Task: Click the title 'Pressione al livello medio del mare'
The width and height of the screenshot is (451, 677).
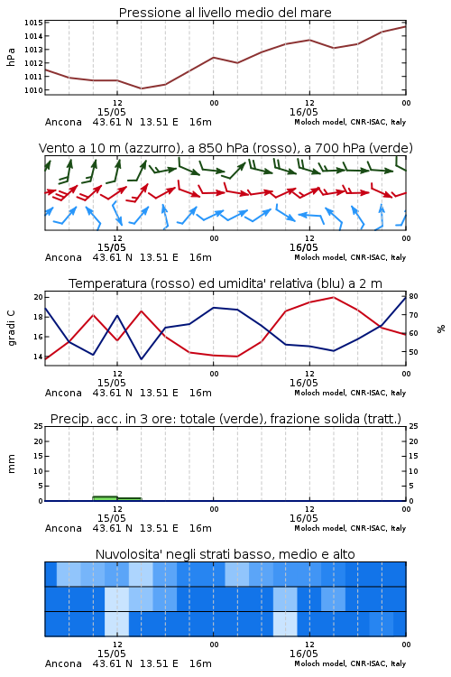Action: [x=225, y=13]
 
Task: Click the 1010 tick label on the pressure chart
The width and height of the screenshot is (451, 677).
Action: [x=33, y=90]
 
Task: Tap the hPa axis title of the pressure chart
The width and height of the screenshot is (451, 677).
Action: [x=11, y=57]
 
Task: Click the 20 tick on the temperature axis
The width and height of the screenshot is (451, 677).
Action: [x=39, y=297]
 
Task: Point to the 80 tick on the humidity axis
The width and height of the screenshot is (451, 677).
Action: [x=413, y=296]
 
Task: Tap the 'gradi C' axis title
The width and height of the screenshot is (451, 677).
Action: [x=11, y=328]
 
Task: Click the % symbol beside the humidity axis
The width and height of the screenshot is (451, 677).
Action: [x=441, y=329]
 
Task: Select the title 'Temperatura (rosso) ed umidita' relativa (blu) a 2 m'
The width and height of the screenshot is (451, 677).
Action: [x=225, y=283]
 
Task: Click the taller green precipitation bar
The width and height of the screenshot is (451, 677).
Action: [x=105, y=498]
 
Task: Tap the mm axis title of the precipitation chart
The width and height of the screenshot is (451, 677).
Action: [x=11, y=463]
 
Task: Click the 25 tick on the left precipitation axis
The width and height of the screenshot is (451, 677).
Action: [x=39, y=426]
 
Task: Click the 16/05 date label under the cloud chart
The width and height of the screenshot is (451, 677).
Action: [x=303, y=654]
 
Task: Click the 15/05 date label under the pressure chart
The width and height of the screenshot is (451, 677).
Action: [x=111, y=112]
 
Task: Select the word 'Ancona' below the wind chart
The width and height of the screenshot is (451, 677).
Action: [x=63, y=257]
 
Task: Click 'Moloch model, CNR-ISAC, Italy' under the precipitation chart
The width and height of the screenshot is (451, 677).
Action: [x=350, y=528]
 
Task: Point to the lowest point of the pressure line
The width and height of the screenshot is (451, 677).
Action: [x=141, y=88]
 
